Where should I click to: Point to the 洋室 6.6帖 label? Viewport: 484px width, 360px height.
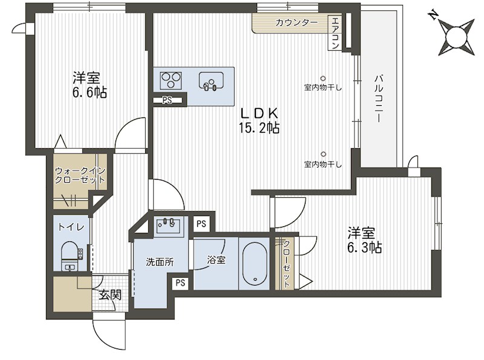coord(87,85)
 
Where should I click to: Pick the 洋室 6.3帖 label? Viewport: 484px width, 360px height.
coord(361,240)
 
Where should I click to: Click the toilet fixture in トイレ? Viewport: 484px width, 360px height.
coord(70,254)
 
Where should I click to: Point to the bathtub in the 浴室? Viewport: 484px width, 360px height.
coord(254,264)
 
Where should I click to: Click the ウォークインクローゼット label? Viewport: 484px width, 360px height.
coord(80,176)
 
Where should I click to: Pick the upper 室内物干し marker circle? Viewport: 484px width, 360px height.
coord(323,77)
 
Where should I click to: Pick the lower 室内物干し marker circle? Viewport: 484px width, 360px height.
coord(323,154)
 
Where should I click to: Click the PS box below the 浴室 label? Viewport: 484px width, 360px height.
coord(180,282)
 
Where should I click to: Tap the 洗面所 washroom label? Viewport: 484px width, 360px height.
coord(159,262)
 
